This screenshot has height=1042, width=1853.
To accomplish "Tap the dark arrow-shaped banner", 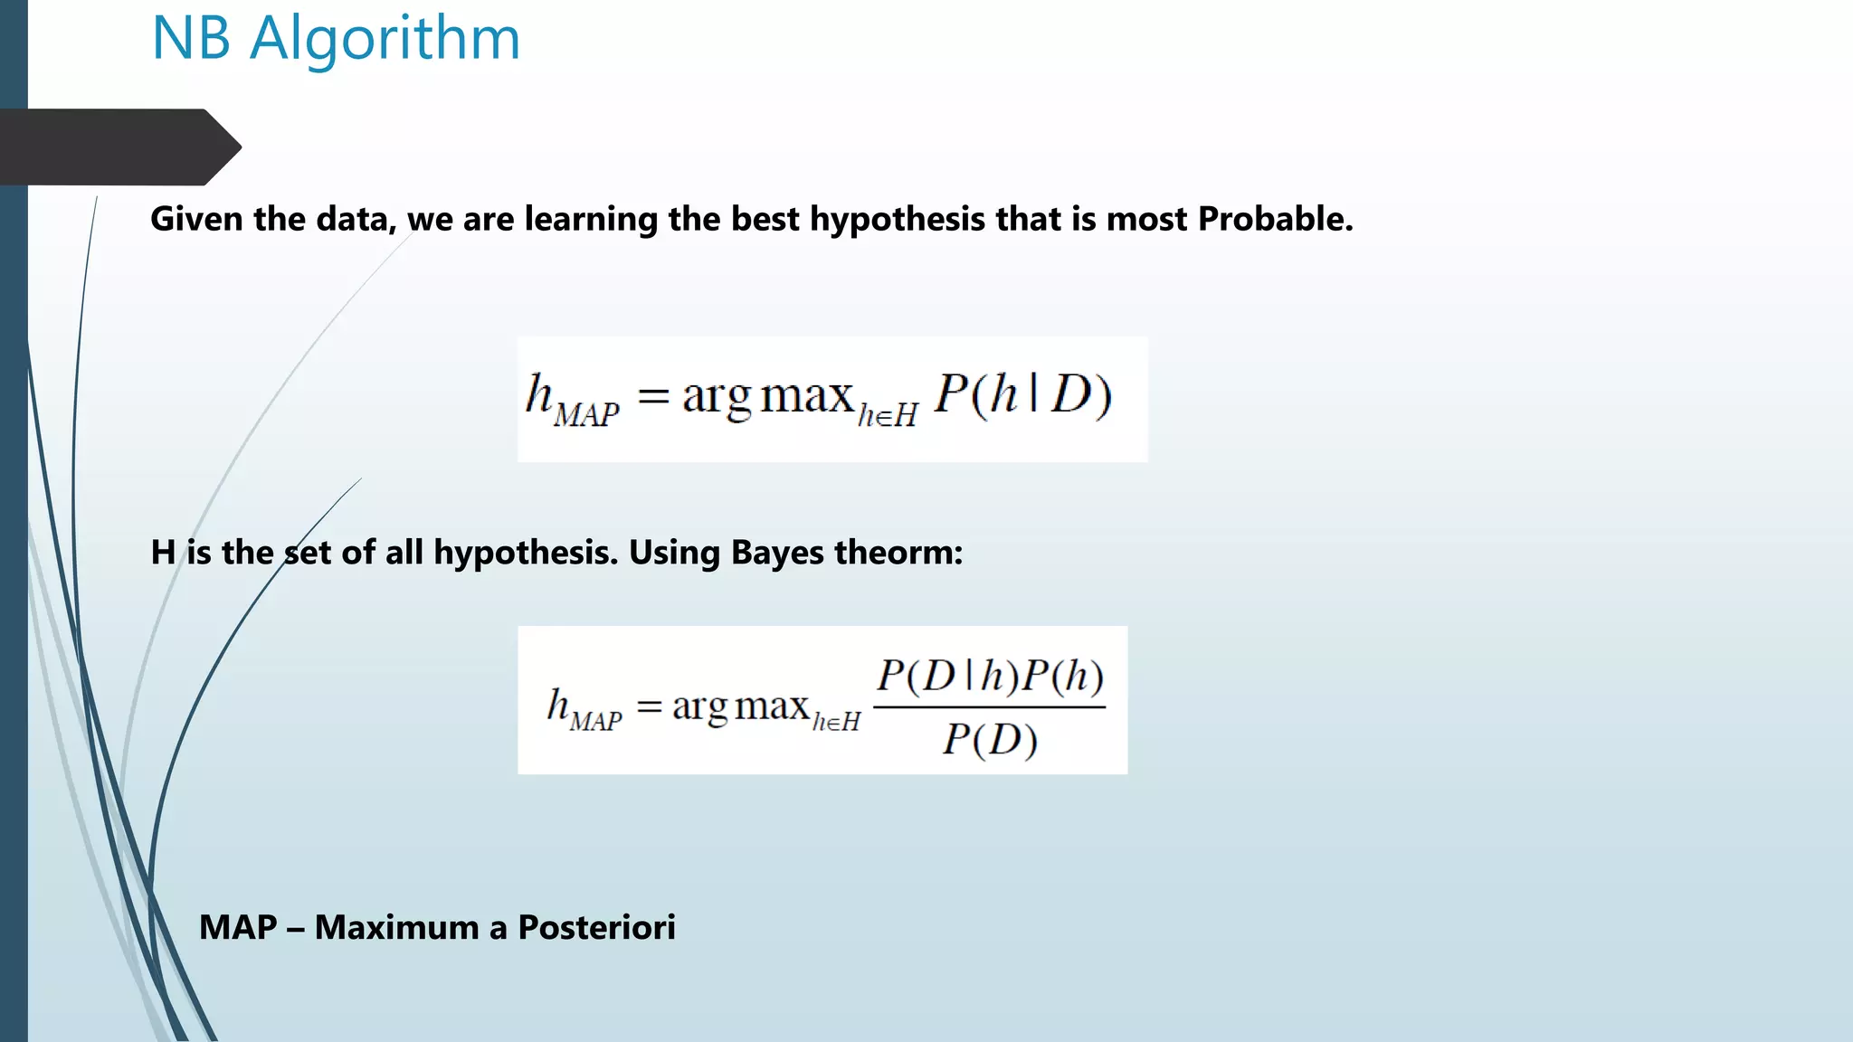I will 118,147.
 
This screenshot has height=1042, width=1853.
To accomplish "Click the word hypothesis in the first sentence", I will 897,220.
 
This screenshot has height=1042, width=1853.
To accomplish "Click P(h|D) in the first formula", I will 1022,395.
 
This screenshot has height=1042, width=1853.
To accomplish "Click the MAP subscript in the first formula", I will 586,415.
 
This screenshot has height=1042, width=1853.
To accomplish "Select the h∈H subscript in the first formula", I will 888,416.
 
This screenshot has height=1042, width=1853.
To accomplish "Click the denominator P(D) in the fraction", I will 990,740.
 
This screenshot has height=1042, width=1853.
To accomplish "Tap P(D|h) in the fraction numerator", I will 947,677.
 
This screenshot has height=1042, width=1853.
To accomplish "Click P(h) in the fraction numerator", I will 1064,677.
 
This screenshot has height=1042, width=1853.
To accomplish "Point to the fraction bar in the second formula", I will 989,707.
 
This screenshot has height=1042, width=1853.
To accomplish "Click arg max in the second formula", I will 740,706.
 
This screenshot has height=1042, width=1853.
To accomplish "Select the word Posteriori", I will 596,928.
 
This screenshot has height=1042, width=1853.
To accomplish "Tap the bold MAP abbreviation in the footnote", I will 238,928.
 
